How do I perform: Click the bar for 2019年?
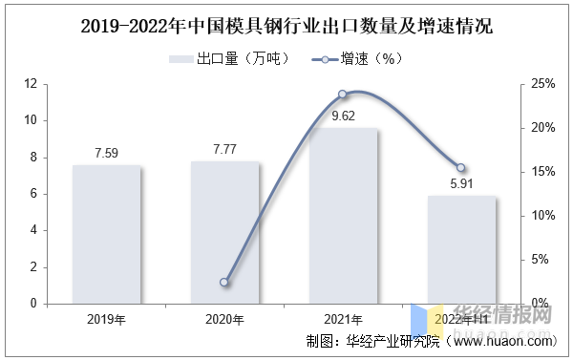107,234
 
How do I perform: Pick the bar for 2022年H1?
461,249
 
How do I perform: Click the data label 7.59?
107,153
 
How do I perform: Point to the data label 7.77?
224,150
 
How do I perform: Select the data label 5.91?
461,184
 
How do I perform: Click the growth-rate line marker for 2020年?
224,283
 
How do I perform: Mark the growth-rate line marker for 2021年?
343,95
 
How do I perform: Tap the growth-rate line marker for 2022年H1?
461,168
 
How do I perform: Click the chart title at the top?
286,26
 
